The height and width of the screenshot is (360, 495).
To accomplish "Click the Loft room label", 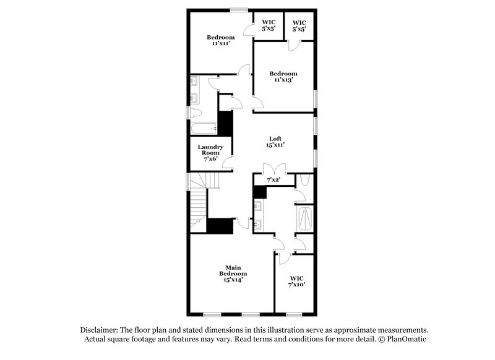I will [x=276, y=138].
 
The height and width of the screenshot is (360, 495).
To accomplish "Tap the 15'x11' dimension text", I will [x=276, y=145].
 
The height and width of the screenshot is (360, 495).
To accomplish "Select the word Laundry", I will [x=210, y=147].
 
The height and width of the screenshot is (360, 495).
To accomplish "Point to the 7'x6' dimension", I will [x=210, y=159].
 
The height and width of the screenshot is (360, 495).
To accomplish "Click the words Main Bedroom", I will [x=233, y=270].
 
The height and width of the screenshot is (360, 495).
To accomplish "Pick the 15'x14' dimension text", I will [x=233, y=280].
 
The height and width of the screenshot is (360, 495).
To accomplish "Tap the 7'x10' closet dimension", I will [x=297, y=285].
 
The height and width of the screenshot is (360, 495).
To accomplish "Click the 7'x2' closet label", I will [x=273, y=179].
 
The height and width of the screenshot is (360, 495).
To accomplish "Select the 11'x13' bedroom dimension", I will [x=283, y=80].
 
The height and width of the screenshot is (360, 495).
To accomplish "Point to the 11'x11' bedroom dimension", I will [x=221, y=44].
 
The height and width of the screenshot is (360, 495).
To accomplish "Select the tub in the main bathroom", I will [x=306, y=218].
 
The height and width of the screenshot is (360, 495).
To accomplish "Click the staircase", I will [x=198, y=201].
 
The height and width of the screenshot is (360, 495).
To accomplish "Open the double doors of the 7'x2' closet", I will [x=273, y=168].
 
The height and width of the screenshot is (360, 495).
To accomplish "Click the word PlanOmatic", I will [x=407, y=340].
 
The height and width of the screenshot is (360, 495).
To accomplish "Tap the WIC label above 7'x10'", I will [x=297, y=278].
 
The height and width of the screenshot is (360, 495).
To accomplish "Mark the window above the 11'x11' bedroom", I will [x=239, y=9].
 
